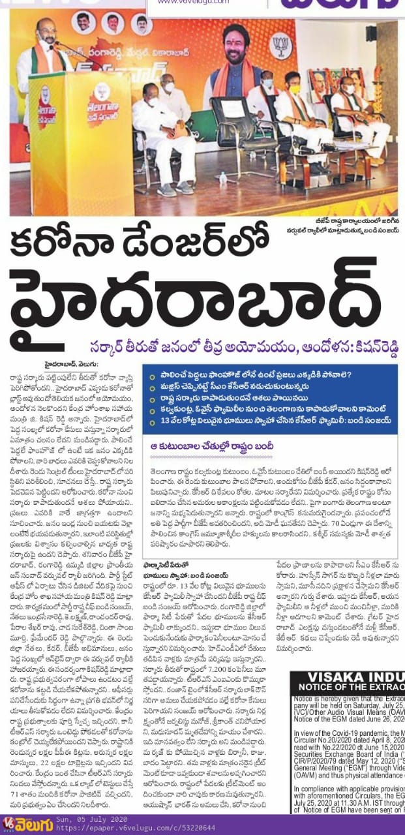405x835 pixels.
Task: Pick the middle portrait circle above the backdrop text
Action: (113, 24)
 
